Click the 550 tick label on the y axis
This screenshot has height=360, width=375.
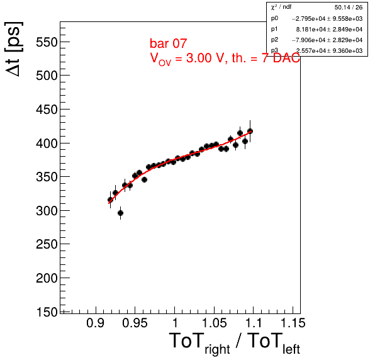47,42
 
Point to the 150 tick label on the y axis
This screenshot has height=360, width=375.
47,312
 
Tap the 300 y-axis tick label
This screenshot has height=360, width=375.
47,211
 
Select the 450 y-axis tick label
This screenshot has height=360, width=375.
47,110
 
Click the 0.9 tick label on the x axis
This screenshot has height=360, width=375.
96,323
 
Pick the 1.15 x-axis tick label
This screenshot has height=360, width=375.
293,323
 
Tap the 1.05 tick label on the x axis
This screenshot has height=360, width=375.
215,323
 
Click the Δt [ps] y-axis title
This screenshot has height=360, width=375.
14,49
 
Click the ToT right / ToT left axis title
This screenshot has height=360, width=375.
234,343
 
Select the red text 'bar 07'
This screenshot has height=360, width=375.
168,43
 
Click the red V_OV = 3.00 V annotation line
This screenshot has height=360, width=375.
225,59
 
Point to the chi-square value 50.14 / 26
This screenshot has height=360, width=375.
349,8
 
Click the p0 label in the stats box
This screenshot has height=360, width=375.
274,18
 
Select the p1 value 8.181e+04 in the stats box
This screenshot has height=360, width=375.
311,29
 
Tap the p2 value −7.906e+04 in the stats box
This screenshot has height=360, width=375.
309,40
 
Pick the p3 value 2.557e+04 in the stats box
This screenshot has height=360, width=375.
311,51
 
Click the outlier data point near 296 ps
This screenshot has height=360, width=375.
121,213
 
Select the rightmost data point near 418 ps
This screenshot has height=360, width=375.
250,131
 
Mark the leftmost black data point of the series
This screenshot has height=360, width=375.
110,200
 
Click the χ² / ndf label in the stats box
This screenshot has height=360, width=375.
281,7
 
